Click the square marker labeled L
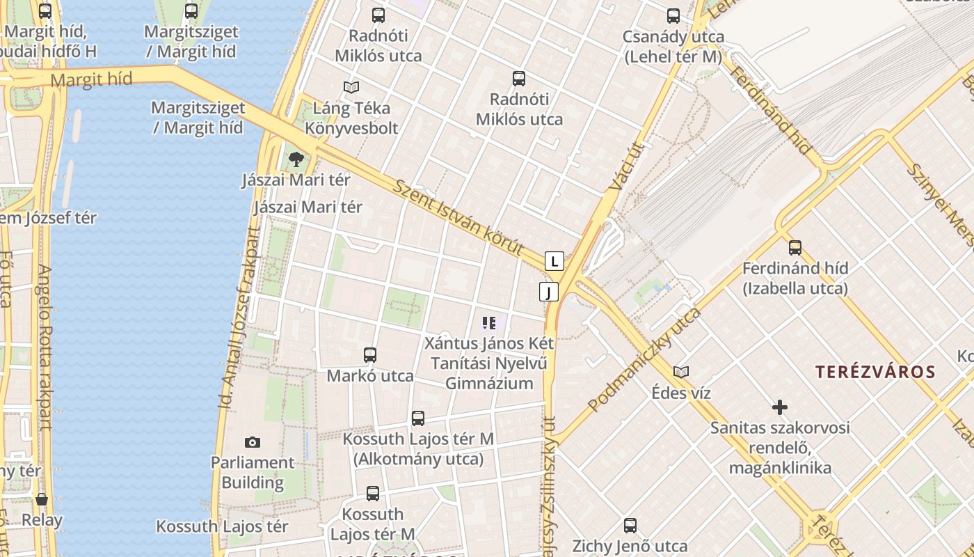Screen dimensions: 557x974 pyautogui.click(x=554, y=262)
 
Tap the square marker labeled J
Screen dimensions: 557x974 pyautogui.click(x=549, y=292)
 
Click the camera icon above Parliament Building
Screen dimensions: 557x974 pyautogui.click(x=253, y=442)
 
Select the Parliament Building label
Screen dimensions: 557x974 pyautogui.click(x=253, y=472)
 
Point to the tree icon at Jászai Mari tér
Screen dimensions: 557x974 pyautogui.click(x=296, y=159)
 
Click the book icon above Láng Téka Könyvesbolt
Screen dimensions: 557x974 pyautogui.click(x=351, y=88)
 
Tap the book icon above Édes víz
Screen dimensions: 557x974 pyautogui.click(x=681, y=372)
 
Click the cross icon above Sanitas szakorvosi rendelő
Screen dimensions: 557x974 pyautogui.click(x=780, y=407)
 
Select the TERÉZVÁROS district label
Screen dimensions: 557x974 pyautogui.click(x=876, y=372)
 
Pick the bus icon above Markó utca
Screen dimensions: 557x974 pyautogui.click(x=370, y=355)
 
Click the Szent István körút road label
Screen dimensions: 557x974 pyautogui.click(x=458, y=217)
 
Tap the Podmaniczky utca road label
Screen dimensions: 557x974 pyautogui.click(x=644, y=359)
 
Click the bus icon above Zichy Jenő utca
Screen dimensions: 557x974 pyautogui.click(x=630, y=526)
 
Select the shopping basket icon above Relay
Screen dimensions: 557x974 pyautogui.click(x=42, y=499)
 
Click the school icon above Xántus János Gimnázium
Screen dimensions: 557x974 pyautogui.click(x=489, y=322)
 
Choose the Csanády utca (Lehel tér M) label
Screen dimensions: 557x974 pyautogui.click(x=673, y=47)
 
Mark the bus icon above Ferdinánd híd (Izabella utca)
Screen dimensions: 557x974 pyautogui.click(x=795, y=247)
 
